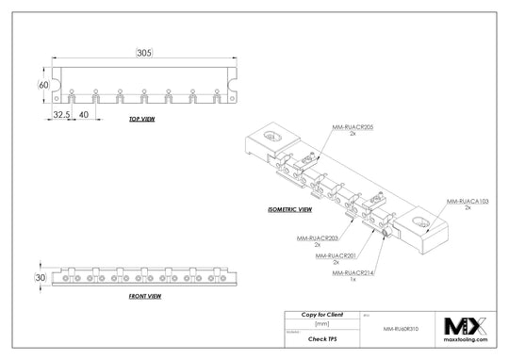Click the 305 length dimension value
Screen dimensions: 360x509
point(144,53)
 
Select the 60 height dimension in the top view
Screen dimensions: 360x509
point(42,85)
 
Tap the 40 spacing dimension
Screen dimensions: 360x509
point(85,113)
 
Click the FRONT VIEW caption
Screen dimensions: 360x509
point(144,296)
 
